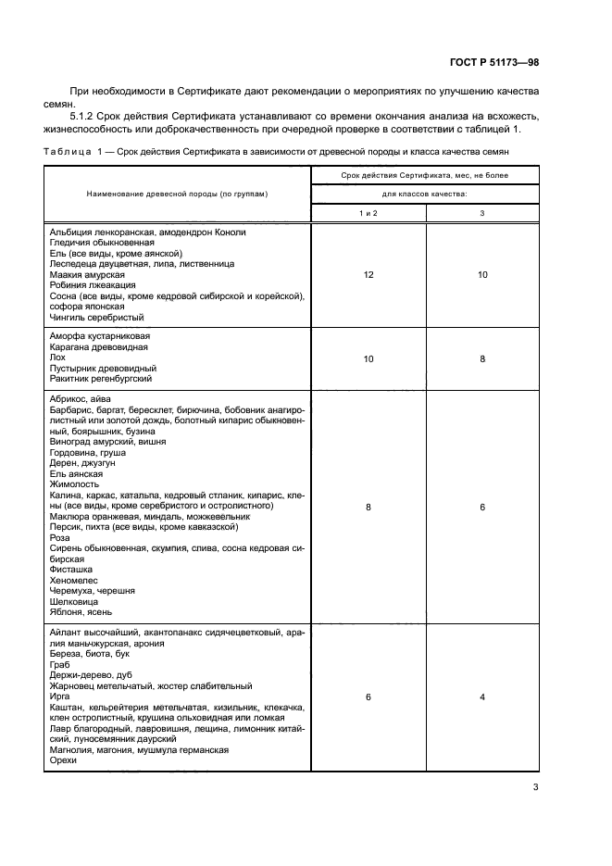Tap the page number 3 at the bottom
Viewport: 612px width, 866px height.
[x=536, y=788]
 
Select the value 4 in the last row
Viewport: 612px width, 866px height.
[x=482, y=696]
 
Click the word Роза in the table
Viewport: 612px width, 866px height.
[x=60, y=537]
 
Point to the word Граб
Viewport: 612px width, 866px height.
[x=60, y=664]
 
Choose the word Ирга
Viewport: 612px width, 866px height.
[x=60, y=696]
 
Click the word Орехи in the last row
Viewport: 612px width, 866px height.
[x=64, y=760]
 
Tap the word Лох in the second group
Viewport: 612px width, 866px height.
[x=58, y=358]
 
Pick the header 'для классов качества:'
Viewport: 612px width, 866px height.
[x=425, y=194]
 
